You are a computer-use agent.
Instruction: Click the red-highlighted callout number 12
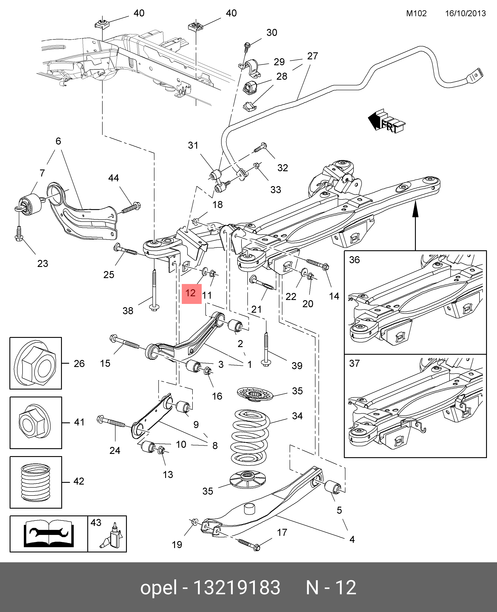tap(191, 293)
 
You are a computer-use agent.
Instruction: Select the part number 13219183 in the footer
tap(236, 588)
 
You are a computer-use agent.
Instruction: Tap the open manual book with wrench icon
tap(49, 533)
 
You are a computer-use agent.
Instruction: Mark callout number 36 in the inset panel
tap(354, 260)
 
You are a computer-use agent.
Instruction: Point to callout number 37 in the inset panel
tap(354, 363)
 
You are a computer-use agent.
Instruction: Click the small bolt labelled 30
tap(247, 47)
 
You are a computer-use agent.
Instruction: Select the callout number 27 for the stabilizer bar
tap(312, 56)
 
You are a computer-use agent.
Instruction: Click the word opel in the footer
tap(158, 588)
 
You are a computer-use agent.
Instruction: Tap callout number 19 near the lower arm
tap(177, 545)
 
